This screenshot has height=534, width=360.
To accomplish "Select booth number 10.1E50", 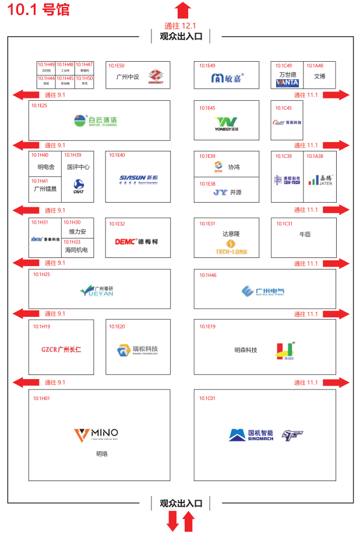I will click(117, 66).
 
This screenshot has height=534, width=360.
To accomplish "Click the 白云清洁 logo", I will click(96, 121).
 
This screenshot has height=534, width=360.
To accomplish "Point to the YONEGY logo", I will click(226, 123).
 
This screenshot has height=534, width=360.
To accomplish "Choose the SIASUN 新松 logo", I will click(139, 179).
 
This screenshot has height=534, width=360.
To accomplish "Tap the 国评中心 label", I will click(79, 167).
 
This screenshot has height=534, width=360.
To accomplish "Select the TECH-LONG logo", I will click(230, 247).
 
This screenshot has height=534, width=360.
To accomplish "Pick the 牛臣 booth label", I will click(304, 235).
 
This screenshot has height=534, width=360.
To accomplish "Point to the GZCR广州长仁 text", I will click(61, 350).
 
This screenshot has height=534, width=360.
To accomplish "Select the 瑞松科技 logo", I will click(137, 350).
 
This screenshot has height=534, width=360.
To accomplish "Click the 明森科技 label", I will click(245, 350).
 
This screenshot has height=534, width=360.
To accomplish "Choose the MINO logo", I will click(96, 434).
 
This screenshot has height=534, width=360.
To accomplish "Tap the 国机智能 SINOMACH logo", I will click(251, 435).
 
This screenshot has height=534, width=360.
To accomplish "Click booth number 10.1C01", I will click(207, 398).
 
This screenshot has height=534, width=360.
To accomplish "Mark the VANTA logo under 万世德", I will click(287, 83).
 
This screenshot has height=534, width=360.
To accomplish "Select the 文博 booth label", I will click(319, 76).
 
